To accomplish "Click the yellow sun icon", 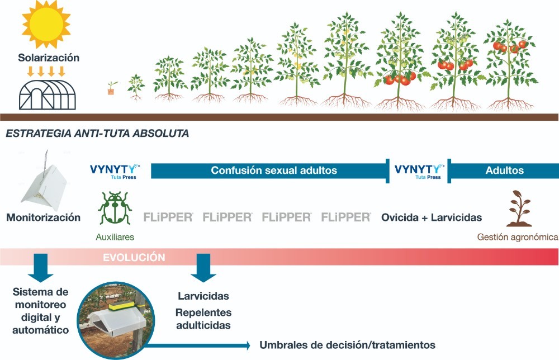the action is pyautogui.click(x=46, y=24).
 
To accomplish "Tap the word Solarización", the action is pyautogui.click(x=49, y=58).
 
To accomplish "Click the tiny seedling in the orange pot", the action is pyautogui.click(x=112, y=88).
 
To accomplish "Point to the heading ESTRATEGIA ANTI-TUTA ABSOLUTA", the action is pyautogui.click(x=97, y=133).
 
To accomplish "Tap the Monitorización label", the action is pyautogui.click(x=44, y=217).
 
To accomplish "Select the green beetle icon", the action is pyautogui.click(x=115, y=208).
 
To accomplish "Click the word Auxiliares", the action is pyautogui.click(x=115, y=237).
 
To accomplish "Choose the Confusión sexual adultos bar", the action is pyautogui.click(x=270, y=170).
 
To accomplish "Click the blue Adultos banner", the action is pyautogui.click(x=503, y=170).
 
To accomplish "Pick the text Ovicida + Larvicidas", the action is pyautogui.click(x=432, y=217).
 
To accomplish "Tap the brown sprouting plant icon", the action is pyautogui.click(x=519, y=209).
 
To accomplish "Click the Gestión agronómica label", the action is pyautogui.click(x=518, y=237).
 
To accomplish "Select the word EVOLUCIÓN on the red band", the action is pyautogui.click(x=134, y=257).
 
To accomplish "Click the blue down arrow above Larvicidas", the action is pyautogui.click(x=203, y=268).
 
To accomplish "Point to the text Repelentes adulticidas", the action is pyautogui.click(x=203, y=319).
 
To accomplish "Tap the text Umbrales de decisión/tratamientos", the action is pyautogui.click(x=347, y=345).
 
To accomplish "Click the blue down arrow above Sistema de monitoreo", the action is pyautogui.click(x=41, y=268).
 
